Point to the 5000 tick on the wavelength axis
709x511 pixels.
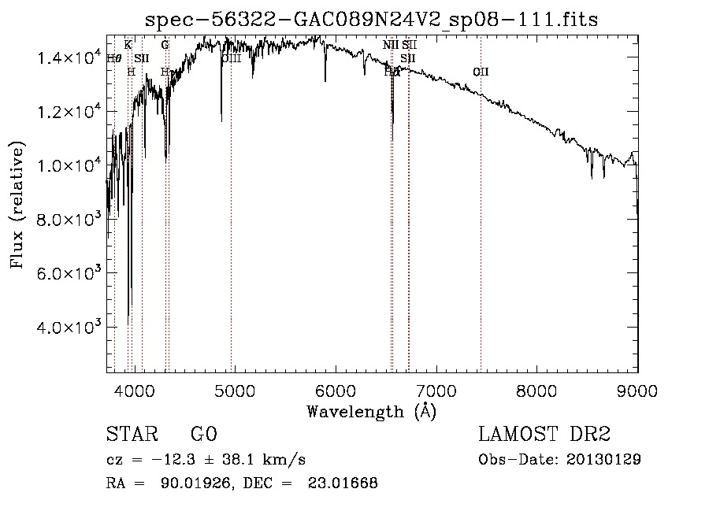[236, 387]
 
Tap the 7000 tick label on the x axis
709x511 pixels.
[436, 387]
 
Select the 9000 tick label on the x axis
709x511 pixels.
[637, 387]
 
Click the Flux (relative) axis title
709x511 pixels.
[17, 204]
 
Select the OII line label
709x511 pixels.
[481, 72]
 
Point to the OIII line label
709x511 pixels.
[231, 58]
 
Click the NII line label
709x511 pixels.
[391, 45]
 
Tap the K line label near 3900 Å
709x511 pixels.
[128, 45]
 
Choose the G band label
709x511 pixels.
[165, 45]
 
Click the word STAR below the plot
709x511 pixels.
[128, 435]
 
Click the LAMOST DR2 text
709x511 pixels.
[544, 435]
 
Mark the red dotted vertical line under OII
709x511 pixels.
[481, 236]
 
